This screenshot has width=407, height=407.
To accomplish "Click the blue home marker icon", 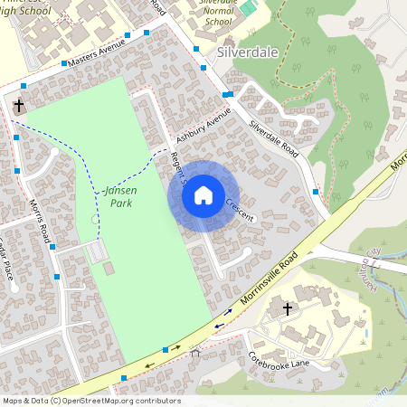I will pos(203,195).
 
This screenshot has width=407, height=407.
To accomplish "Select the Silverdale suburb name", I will pos(247,52).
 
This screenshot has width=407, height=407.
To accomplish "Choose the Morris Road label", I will pos(39,222).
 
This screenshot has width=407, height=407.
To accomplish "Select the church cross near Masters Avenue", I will pos(19,107).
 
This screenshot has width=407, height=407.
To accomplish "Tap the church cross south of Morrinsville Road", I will pos(288,309).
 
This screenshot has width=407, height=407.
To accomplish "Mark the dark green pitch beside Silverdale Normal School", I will pos(248,7).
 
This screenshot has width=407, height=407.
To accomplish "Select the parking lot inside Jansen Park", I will pos(96,251).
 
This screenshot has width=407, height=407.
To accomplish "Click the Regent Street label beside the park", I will pos(175,167).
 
